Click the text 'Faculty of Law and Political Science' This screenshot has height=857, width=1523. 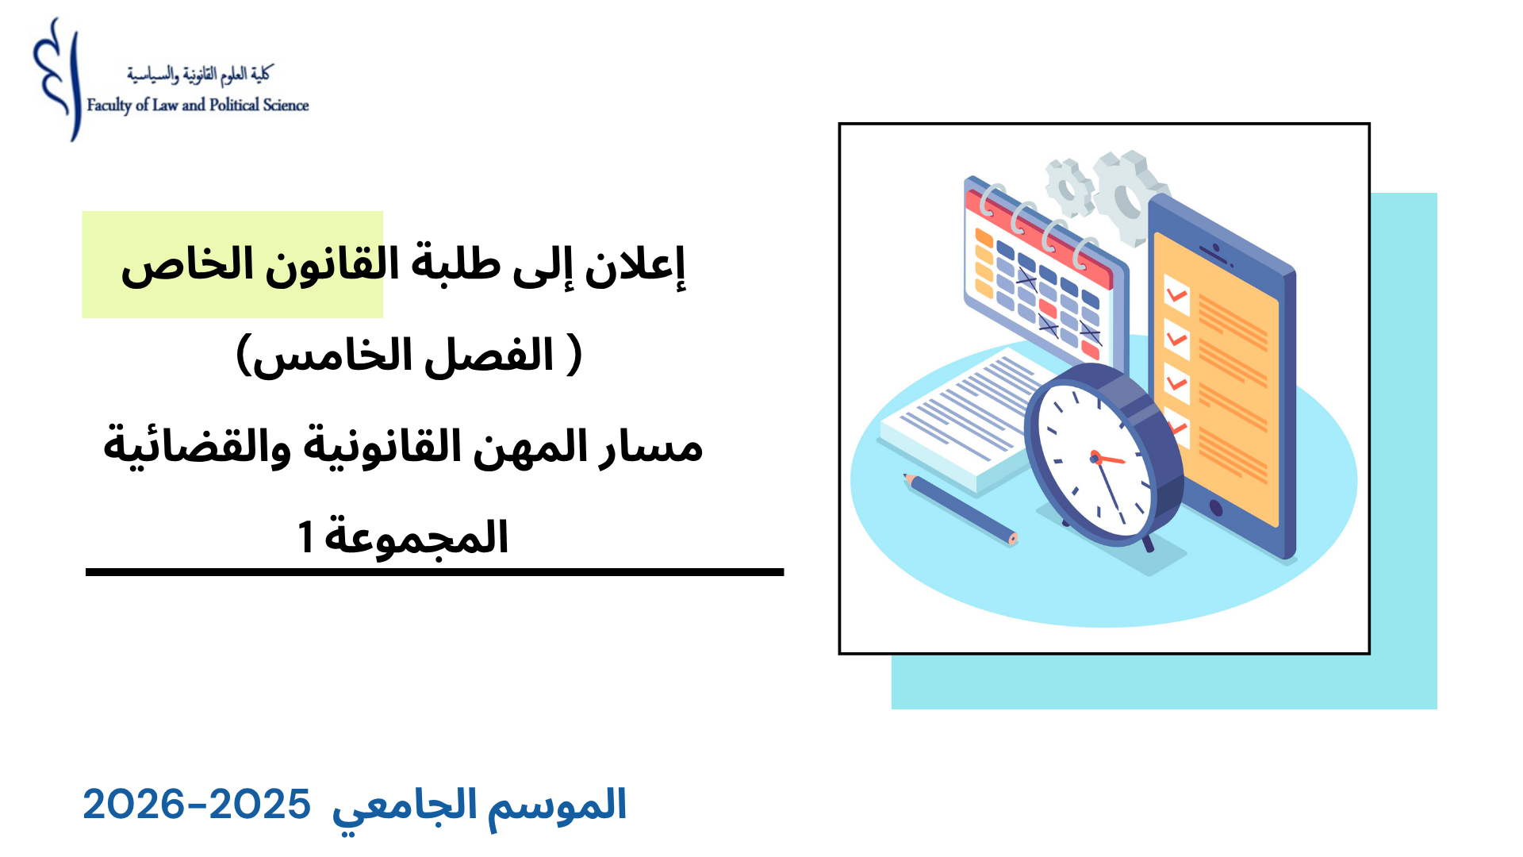198,106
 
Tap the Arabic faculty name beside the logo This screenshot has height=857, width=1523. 199,75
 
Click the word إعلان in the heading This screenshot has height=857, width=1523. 635,266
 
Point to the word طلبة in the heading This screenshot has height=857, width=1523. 456,265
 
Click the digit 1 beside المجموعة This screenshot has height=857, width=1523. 305,537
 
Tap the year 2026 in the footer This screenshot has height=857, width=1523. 133,805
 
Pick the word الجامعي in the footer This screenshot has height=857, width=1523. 405,807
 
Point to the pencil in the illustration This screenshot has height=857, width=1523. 960,509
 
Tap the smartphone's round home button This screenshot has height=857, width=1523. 1215,508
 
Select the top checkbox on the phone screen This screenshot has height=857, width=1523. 1176,295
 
